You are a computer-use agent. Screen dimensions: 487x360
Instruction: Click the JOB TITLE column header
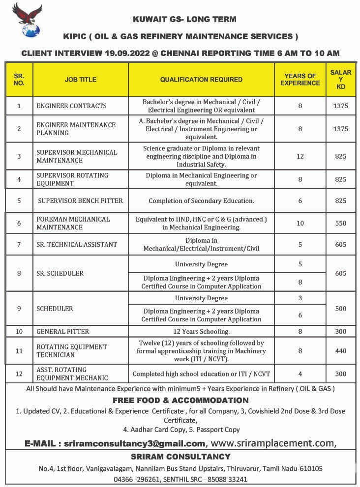tap(80, 80)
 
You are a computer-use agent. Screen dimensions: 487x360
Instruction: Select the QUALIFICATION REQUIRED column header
tap(201, 80)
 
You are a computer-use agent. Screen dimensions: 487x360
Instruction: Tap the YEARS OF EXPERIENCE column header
tap(300, 80)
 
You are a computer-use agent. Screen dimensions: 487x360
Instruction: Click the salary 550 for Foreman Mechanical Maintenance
tap(340, 223)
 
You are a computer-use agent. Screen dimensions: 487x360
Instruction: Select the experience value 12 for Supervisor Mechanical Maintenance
tap(300, 156)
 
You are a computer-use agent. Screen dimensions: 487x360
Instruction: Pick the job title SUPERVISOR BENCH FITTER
tap(80, 201)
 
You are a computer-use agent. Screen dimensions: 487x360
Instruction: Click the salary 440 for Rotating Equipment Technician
tap(340, 351)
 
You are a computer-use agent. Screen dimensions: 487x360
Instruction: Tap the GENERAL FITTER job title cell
tap(62, 332)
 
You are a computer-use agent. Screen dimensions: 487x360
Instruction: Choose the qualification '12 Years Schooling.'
tap(201, 332)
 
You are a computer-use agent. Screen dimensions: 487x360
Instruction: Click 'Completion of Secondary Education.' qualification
tap(201, 201)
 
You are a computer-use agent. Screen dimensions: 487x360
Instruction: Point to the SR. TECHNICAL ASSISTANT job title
tap(77, 244)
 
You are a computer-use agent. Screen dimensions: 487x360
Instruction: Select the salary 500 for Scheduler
tap(340, 309)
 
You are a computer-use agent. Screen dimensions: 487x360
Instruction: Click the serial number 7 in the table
tap(19, 244)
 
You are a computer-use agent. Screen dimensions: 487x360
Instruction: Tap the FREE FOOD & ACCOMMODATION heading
tap(180, 400)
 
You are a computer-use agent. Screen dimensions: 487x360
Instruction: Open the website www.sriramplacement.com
tap(273, 443)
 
